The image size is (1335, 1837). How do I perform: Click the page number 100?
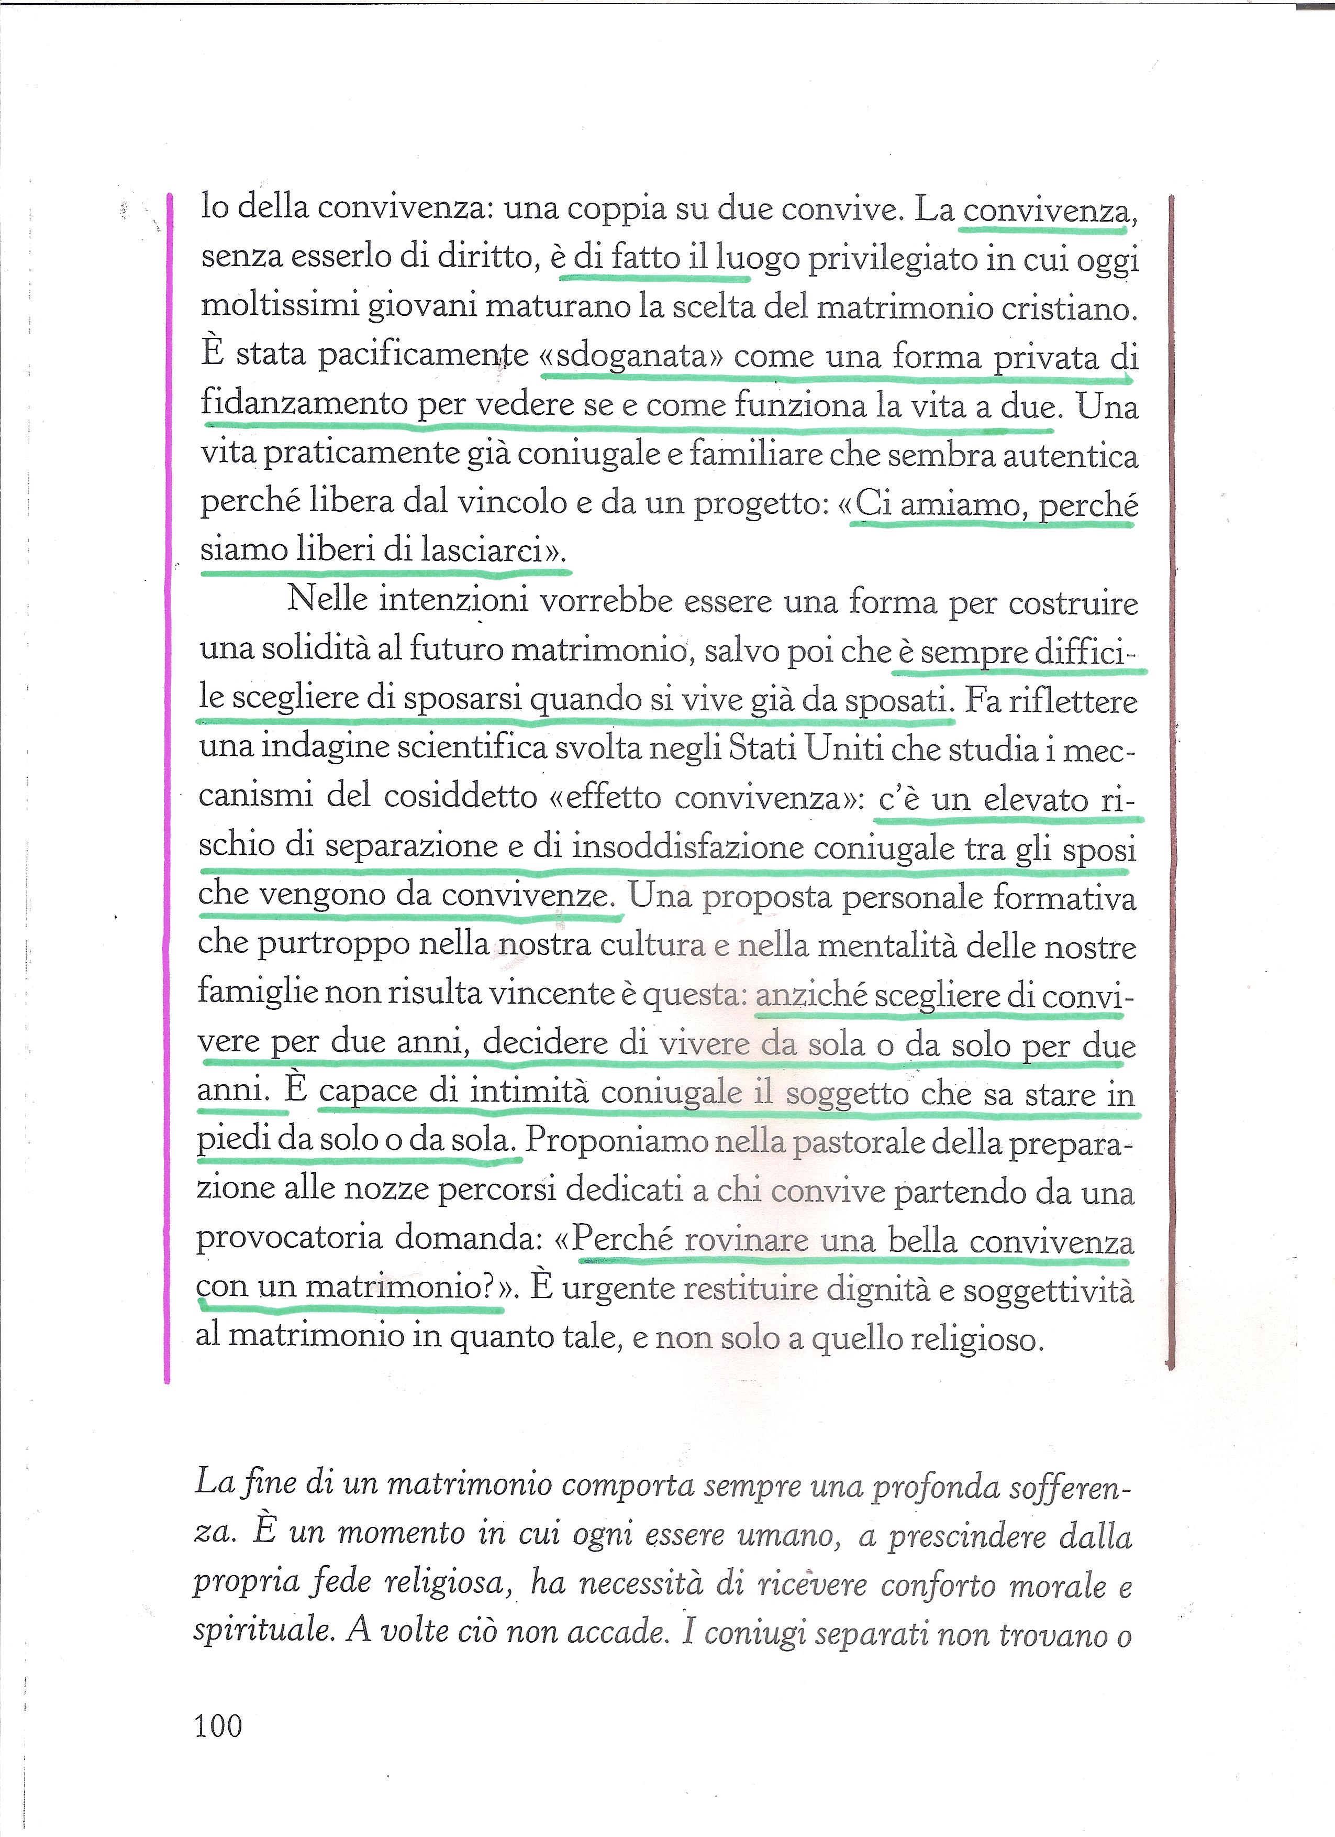[218, 1726]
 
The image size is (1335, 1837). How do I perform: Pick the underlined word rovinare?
[746, 1240]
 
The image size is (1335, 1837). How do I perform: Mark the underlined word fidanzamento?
[304, 403]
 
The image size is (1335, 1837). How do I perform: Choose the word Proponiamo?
[616, 1140]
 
